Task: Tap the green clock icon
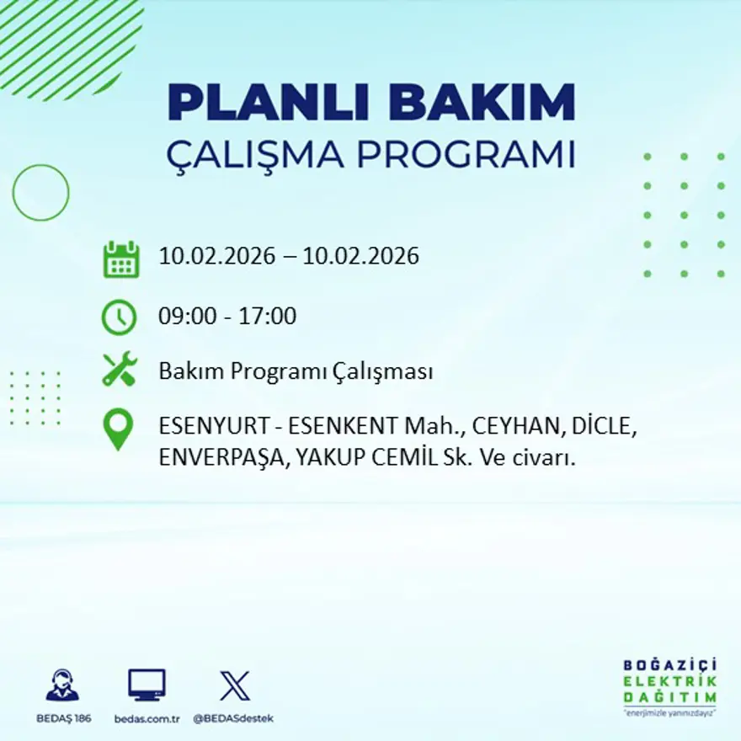click(119, 317)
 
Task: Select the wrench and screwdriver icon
click(119, 370)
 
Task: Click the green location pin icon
click(118, 428)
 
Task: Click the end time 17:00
click(269, 317)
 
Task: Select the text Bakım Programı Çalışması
click(296, 371)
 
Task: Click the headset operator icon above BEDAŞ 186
click(61, 685)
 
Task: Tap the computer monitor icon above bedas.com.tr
click(147, 685)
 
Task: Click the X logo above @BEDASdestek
click(234, 685)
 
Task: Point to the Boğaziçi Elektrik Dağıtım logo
click(670, 685)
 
